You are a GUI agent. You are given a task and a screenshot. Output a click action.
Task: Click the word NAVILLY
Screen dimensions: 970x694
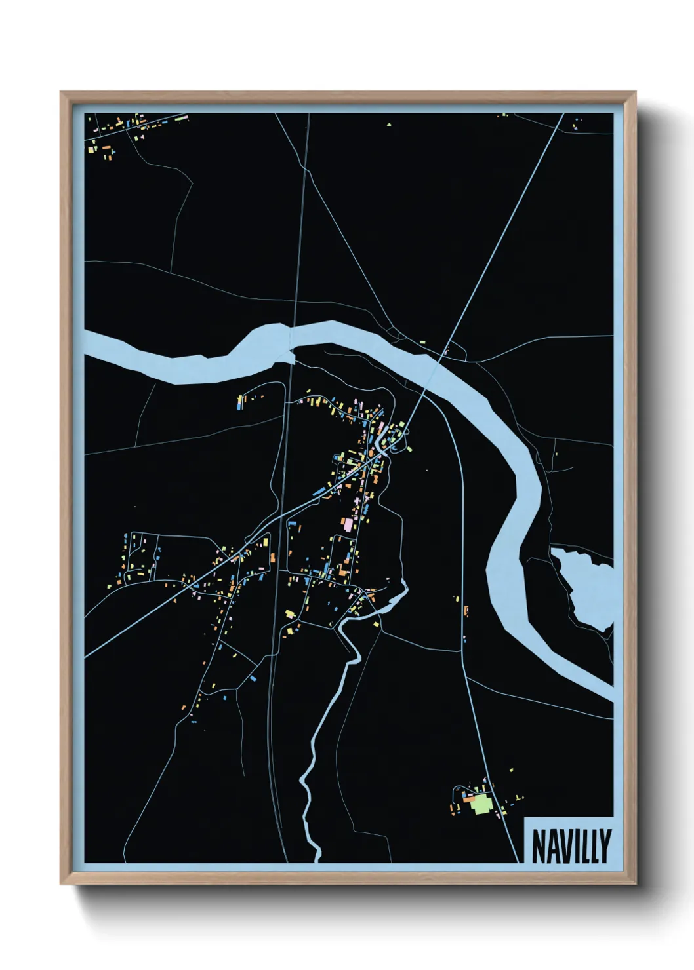coord(571,845)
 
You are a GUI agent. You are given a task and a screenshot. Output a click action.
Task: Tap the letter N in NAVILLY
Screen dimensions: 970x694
coord(538,845)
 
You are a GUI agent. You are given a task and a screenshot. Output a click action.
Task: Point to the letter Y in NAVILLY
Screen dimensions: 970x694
coord(605,845)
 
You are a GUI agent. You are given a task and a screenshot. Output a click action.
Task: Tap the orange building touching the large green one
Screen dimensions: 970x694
coord(470,800)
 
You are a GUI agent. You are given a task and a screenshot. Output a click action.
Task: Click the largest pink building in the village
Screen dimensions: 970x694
coord(346,524)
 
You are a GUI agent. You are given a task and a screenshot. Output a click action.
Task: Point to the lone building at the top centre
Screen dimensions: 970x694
coord(389,123)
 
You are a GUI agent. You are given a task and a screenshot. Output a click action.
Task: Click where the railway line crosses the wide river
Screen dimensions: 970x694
coord(292,341)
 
